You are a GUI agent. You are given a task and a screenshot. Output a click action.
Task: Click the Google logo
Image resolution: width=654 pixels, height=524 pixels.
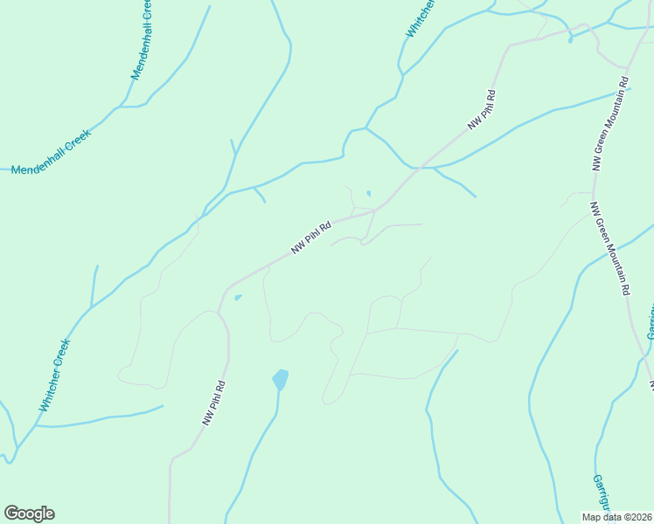click(x=29, y=514)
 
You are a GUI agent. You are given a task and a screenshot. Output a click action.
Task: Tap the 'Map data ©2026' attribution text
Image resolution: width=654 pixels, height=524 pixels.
click(x=616, y=517)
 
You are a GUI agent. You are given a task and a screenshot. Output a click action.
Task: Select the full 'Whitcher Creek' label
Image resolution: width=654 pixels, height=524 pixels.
click(x=53, y=376)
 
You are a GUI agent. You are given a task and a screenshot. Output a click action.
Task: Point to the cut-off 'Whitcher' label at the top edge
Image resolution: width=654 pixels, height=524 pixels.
click(x=420, y=17)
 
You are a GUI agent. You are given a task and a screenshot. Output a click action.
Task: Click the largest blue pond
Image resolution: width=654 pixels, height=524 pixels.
click(x=280, y=379)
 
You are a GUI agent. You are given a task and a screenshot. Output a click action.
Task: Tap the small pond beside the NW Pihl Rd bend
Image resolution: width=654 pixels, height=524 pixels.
click(x=238, y=298)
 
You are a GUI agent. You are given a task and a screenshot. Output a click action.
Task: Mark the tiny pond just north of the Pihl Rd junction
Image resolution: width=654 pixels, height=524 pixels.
click(x=368, y=194)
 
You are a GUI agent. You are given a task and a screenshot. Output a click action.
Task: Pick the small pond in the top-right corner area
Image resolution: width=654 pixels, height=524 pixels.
click(x=570, y=39)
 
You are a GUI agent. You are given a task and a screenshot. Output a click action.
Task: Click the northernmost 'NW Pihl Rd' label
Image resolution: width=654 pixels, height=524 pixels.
click(x=482, y=110)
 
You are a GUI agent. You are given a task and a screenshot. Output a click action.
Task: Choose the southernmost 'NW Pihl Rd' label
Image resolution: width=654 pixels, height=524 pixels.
click(x=214, y=403)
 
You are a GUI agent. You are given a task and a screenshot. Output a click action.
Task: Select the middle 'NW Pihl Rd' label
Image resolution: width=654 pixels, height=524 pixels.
click(x=311, y=238)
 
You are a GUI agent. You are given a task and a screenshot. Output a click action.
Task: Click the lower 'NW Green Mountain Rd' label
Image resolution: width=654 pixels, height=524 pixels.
click(x=610, y=249)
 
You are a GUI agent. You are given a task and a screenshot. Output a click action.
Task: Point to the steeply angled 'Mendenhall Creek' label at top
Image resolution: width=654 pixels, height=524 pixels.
click(x=142, y=40)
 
